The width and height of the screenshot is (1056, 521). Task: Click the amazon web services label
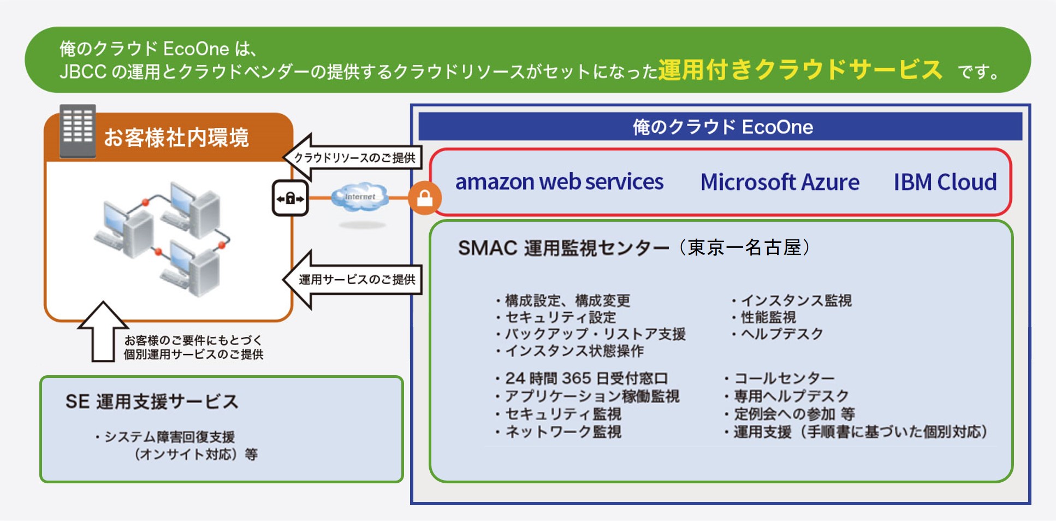pyautogui.click(x=559, y=182)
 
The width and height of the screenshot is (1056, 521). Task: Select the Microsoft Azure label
pyautogui.click(x=780, y=182)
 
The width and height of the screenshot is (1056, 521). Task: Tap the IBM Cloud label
pyautogui.click(x=945, y=182)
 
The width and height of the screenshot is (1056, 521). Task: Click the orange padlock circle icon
pyautogui.click(x=425, y=198)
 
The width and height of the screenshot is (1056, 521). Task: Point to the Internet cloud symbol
pyautogui.click(x=360, y=197)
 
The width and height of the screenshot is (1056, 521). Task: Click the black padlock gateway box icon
pyautogui.click(x=290, y=198)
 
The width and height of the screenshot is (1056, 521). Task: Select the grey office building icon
pyautogui.click(x=78, y=131)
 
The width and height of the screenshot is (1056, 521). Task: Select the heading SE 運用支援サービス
pyautogui.click(x=152, y=402)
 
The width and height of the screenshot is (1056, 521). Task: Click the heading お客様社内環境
pyautogui.click(x=176, y=138)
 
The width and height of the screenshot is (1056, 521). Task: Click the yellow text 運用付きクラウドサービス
pyautogui.click(x=800, y=70)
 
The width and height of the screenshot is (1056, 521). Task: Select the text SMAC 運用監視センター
pyautogui.click(x=562, y=248)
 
